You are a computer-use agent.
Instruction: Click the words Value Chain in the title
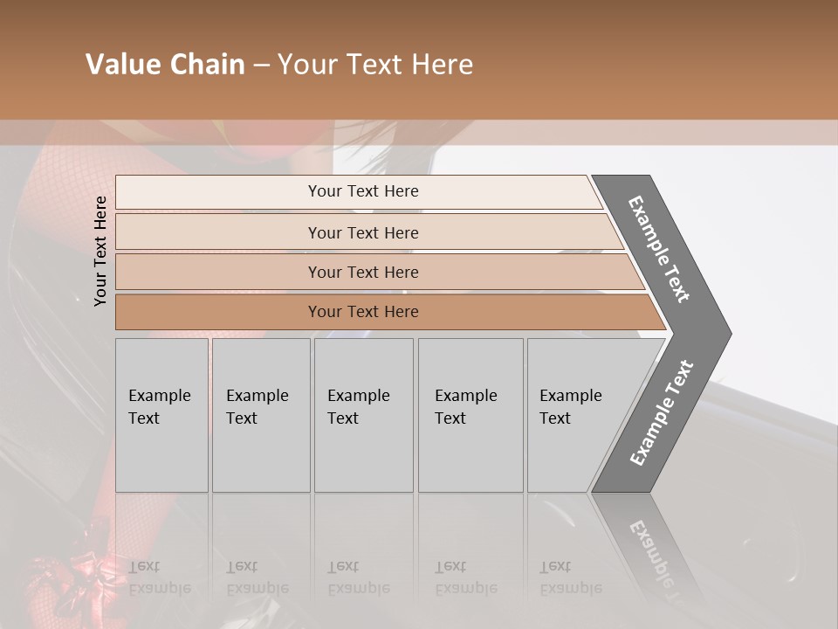165,65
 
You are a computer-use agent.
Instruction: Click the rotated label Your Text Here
101,251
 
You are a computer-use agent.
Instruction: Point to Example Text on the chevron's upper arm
660,249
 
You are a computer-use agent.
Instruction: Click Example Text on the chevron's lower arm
662,412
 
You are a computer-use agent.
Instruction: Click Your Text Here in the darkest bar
363,312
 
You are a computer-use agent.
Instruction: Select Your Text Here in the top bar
363,191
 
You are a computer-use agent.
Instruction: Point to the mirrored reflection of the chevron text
656,559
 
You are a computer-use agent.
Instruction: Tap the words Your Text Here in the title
375,65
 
